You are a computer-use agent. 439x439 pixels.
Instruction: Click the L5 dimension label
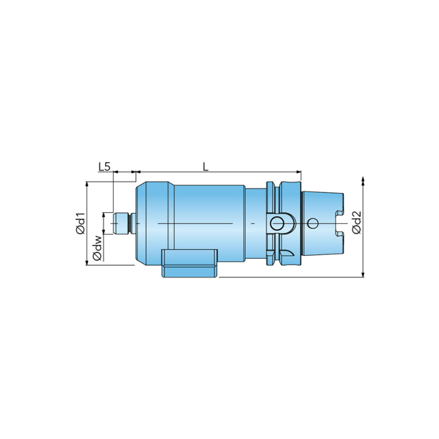click(104, 167)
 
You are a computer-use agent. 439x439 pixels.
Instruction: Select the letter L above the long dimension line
click(206, 167)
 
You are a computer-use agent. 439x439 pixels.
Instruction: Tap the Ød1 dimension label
click(80, 223)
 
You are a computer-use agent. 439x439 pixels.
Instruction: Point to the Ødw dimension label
click(98, 248)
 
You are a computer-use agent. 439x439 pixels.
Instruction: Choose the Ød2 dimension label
click(357, 223)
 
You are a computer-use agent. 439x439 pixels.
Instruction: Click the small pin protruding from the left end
click(122, 223)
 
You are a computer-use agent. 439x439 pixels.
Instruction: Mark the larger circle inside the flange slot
click(277, 223)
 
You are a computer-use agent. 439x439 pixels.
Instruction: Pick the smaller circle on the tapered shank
click(313, 223)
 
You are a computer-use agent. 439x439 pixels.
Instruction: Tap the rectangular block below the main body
click(189, 263)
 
